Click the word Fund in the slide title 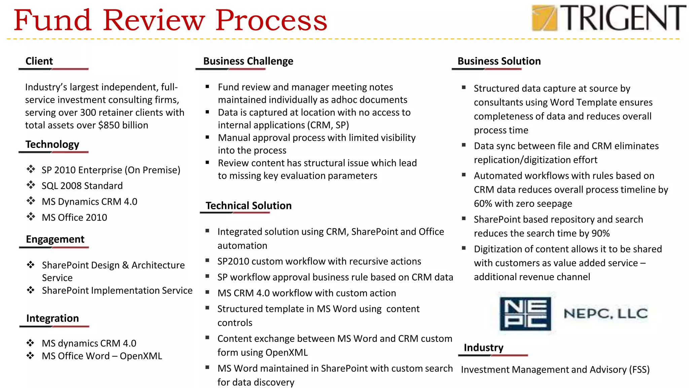(52, 20)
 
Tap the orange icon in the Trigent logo (544, 18)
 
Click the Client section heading (39, 61)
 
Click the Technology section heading (52, 144)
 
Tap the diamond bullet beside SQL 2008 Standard (31, 185)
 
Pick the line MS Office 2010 (74, 218)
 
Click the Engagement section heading (55, 239)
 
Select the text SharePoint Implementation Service (117, 290)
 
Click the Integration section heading (52, 318)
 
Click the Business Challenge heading (248, 61)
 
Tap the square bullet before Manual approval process (208, 137)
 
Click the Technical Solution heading (248, 205)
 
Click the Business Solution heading (499, 61)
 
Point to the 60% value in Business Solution (483, 204)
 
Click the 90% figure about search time (600, 233)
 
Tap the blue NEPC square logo (525, 314)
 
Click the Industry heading (483, 348)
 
